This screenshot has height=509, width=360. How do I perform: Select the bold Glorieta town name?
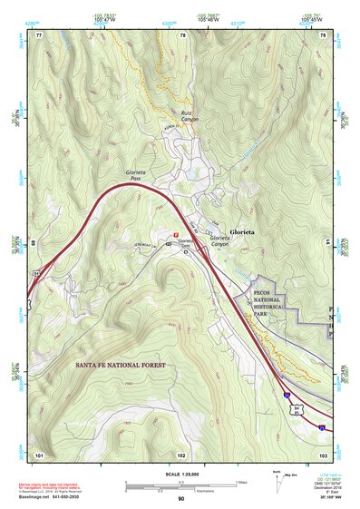242,232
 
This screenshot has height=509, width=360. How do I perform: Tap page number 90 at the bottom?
181,499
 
